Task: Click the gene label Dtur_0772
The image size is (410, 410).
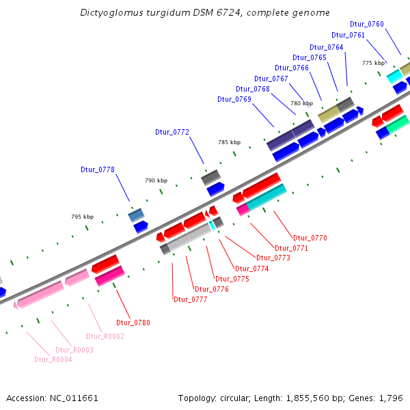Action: pos(172,132)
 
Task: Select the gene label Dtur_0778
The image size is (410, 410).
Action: pos(98,169)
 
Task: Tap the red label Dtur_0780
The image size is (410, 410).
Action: pos(133,323)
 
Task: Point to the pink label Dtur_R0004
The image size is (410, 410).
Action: pos(53,359)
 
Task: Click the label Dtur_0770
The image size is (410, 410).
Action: pos(310,238)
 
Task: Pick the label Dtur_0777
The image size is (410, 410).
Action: pos(191,299)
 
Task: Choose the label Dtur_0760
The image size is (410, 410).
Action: pos(366,25)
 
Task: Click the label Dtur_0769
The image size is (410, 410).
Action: pos(234,99)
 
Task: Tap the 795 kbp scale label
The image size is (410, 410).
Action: pos(82,217)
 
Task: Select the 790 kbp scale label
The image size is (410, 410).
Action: pos(156,180)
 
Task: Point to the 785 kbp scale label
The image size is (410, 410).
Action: pos(229,142)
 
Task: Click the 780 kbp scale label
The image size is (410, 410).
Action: pos(301,103)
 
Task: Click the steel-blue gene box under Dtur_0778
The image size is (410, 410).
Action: pos(136,215)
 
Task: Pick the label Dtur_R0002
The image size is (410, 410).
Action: pos(105,336)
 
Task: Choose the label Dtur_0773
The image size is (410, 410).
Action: pos(273,258)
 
